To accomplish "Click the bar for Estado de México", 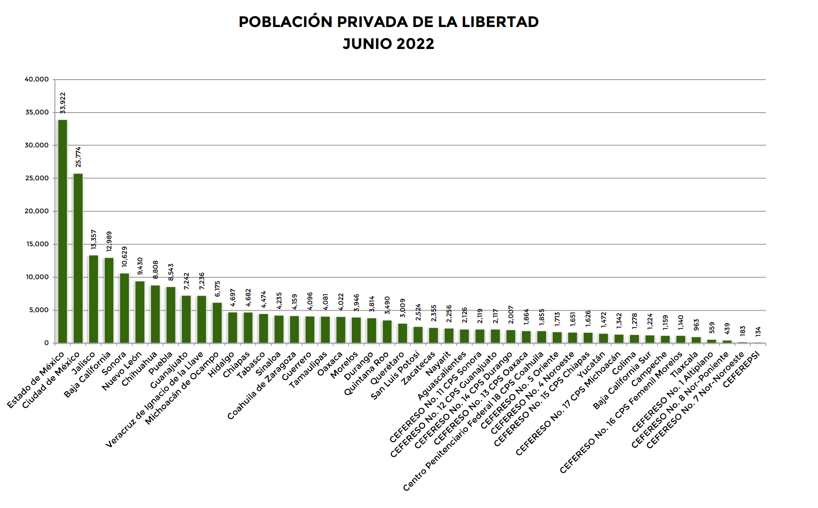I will tap(63, 231).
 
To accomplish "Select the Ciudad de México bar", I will tap(78, 258).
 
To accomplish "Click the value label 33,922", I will tap(63, 103).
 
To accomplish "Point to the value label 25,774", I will tap(78, 157).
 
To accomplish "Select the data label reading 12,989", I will tap(109, 242).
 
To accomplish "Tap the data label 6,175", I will tap(217, 289).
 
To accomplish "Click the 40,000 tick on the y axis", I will tap(37, 79).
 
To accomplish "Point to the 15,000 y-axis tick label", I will tap(37, 244).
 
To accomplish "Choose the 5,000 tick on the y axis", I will tap(39, 310).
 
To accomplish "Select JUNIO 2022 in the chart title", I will tap(388, 44).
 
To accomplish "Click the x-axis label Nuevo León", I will tap(122, 371).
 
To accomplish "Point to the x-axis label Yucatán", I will tap(592, 364).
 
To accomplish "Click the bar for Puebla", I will tap(171, 315).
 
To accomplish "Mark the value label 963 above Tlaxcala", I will tap(696, 325).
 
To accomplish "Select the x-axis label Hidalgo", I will tap(221, 364).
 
